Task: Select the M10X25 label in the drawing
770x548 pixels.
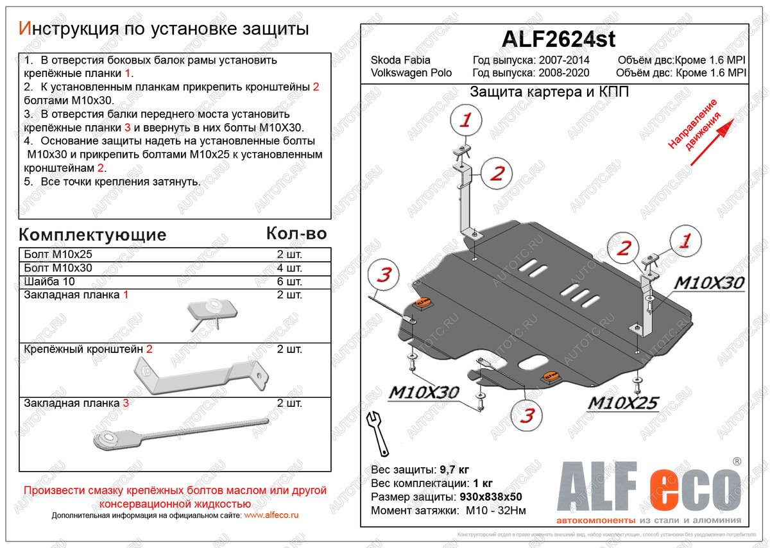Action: point(623,403)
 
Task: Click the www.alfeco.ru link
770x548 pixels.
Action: point(271,515)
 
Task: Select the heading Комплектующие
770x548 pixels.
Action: point(92,234)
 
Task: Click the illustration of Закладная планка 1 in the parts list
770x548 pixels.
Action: point(209,314)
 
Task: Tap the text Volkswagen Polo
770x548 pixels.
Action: point(411,73)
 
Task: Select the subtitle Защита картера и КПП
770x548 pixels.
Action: point(549,91)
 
